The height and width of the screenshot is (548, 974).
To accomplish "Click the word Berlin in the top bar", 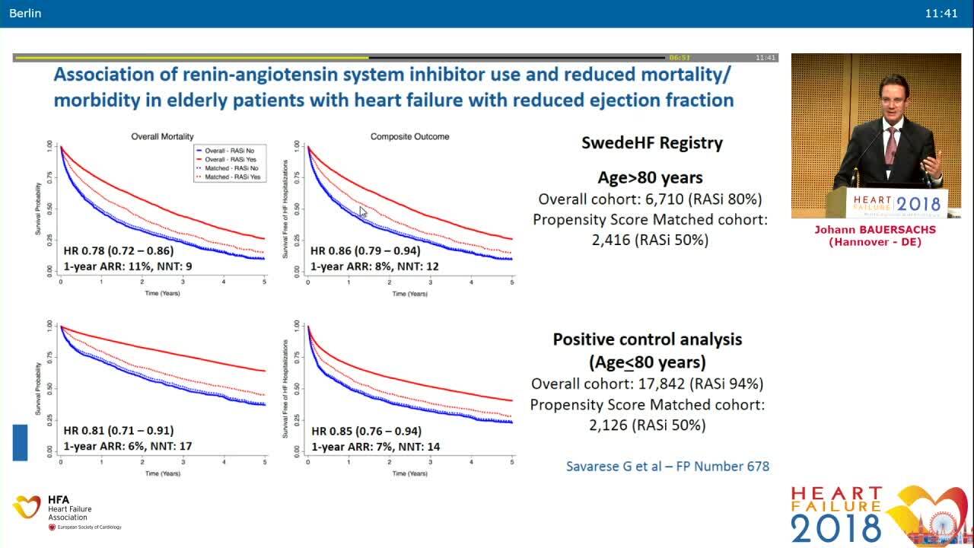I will [26, 13].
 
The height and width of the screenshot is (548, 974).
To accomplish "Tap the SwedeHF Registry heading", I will [651, 142].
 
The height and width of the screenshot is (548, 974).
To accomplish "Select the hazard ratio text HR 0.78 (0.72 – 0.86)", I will [119, 250].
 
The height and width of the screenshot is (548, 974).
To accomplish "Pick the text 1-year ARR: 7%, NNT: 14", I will [375, 447].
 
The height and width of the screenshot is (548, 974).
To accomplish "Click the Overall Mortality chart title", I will [161, 137].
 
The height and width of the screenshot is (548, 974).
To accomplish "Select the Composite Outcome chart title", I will [409, 137].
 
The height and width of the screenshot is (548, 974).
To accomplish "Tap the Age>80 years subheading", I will [650, 178].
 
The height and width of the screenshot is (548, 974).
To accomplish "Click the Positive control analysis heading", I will [647, 339].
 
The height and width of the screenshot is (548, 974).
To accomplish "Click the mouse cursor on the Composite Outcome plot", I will [363, 212].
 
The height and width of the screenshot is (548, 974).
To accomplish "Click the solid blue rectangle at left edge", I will [20, 442].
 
